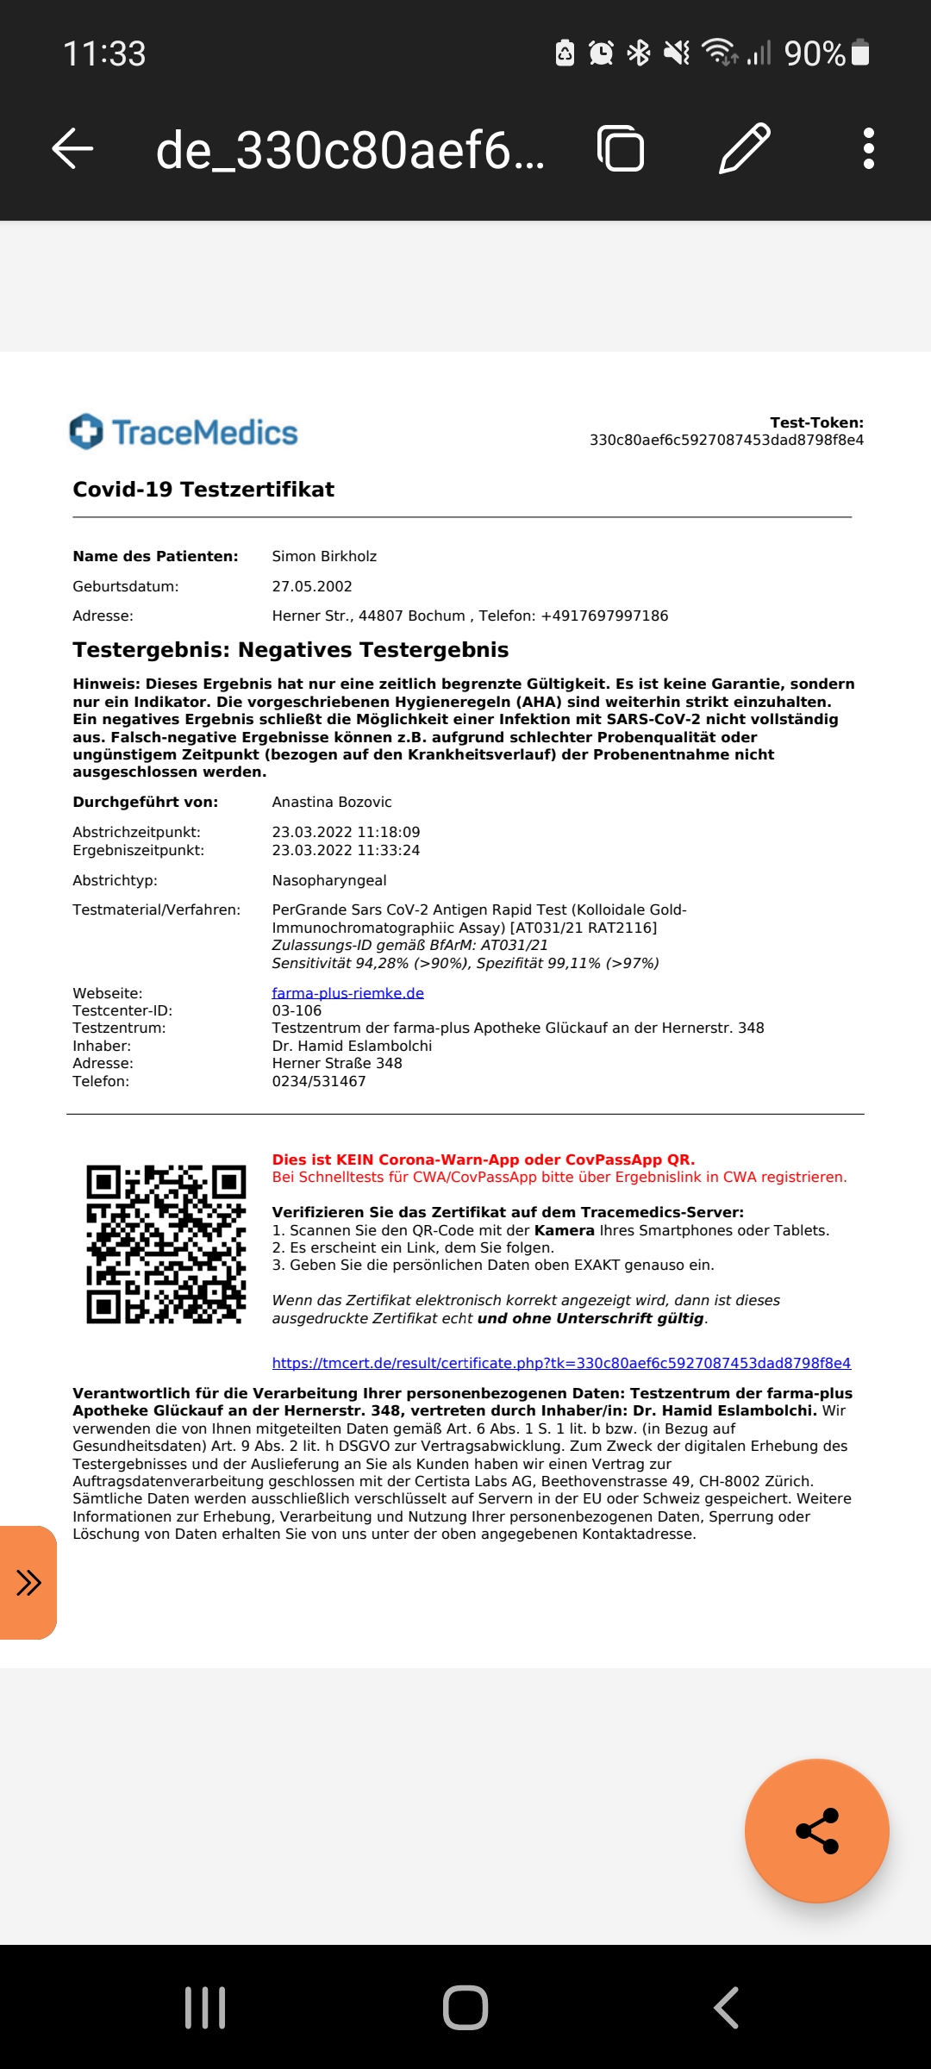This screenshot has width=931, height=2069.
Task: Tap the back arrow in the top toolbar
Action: [72, 148]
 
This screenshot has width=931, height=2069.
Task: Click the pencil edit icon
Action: [745, 148]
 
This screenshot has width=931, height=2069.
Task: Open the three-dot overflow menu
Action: [868, 148]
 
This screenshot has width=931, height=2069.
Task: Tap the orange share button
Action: [816, 1830]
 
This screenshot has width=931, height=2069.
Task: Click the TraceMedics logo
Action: [184, 432]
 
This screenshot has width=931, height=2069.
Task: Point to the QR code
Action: [166, 1243]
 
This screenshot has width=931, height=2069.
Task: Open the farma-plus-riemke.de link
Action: [347, 993]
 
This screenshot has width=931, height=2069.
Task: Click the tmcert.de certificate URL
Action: [561, 1363]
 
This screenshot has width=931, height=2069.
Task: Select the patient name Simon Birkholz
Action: [324, 556]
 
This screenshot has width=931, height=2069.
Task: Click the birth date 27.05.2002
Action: [312, 586]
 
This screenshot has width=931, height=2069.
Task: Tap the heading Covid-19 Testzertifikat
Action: [203, 490]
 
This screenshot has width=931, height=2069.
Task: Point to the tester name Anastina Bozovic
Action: [332, 802]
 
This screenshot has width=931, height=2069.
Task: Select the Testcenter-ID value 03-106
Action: [297, 1010]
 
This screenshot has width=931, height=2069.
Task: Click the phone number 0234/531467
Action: [319, 1081]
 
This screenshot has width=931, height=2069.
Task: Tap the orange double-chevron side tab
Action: [28, 1583]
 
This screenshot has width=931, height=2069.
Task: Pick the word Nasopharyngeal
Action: [329, 880]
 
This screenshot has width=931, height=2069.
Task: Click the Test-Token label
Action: [816, 422]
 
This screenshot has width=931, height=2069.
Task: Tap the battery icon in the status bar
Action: [859, 53]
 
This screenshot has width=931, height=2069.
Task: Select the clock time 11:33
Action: [104, 53]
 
